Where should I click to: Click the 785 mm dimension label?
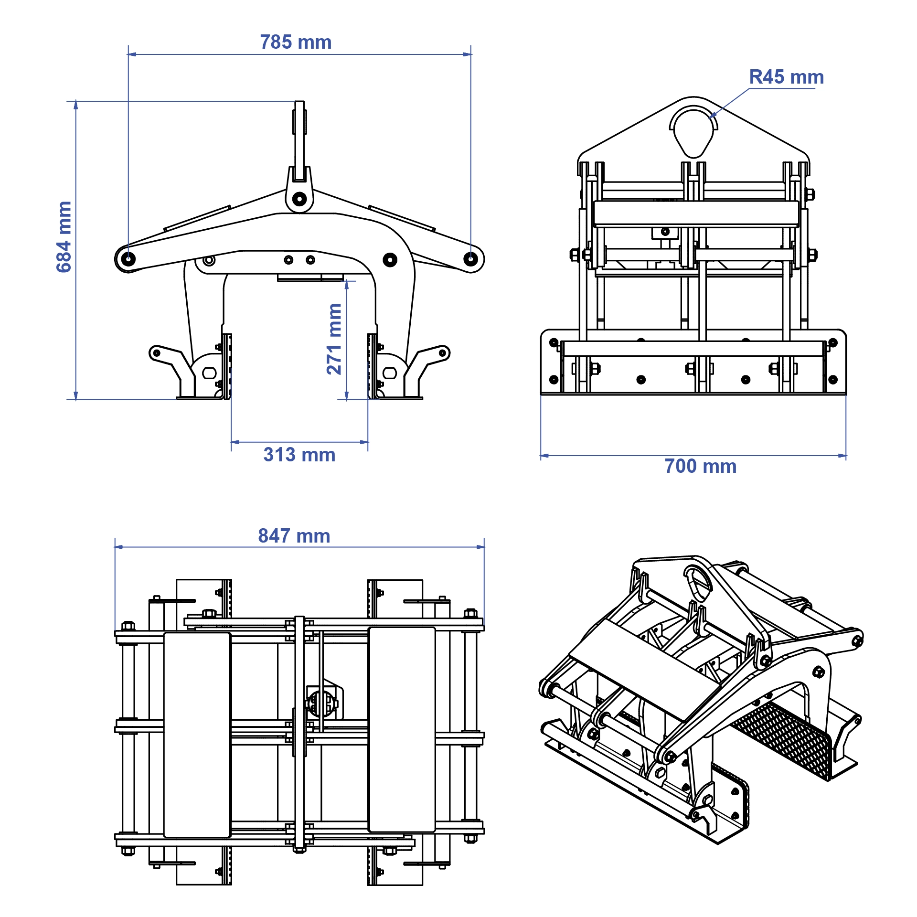[296, 43]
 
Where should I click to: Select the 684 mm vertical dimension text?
[64, 237]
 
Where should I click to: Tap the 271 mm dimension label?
[334, 339]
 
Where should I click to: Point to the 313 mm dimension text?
[299, 455]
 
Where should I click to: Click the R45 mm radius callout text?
[786, 77]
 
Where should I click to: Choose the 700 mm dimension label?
[700, 466]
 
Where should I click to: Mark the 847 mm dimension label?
[294, 536]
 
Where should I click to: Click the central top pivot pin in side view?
[299, 199]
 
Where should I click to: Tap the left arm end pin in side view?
[128, 259]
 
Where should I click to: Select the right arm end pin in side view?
[470, 259]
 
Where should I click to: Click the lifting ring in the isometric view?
[697, 583]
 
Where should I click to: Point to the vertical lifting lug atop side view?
[299, 139]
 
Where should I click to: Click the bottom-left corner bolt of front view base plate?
[554, 380]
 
